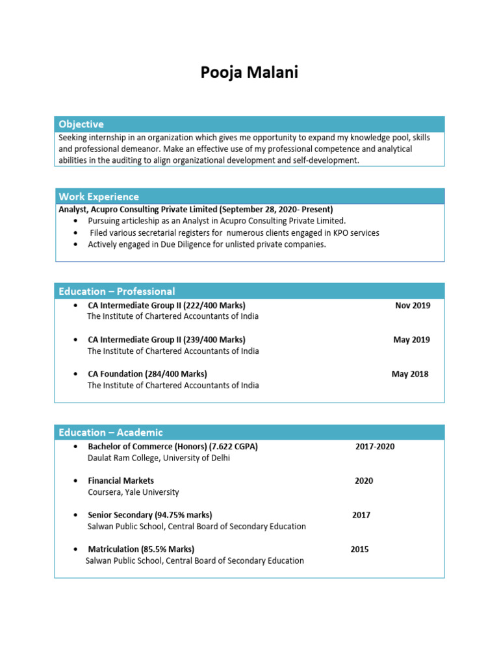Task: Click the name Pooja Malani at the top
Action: point(249,73)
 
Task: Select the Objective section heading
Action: point(81,124)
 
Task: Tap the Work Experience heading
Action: point(99,196)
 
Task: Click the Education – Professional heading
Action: point(117,291)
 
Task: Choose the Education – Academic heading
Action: point(111,433)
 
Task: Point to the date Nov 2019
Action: point(412,305)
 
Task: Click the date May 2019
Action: point(411,340)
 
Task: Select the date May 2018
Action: point(410,374)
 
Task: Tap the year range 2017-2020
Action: point(375,447)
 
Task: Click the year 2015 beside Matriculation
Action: point(359,549)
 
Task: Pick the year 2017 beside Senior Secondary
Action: point(361,515)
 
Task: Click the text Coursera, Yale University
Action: point(133,492)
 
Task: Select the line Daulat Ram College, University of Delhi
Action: point(159,458)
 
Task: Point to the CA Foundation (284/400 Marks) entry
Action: point(147,374)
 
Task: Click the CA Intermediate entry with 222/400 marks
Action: point(166,305)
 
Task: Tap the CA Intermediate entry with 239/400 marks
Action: point(166,340)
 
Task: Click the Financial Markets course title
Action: point(121,481)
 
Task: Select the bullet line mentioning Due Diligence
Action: point(207,245)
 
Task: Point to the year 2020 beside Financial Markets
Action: point(364,481)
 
